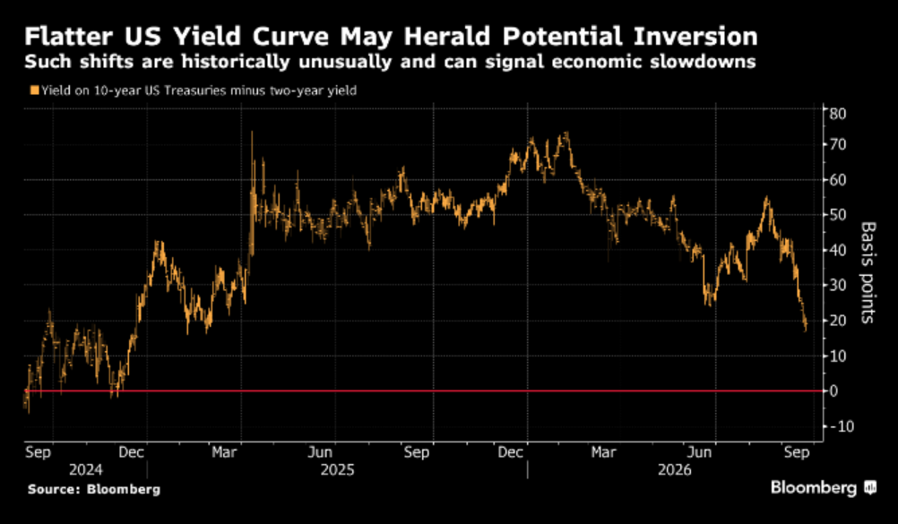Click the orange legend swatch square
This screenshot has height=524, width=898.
pos(34,90)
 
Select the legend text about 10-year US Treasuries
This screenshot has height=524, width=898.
pos(199,90)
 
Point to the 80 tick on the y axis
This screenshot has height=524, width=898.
pos(838,114)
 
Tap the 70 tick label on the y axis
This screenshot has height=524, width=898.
pos(838,144)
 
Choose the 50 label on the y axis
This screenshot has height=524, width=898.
pos(838,215)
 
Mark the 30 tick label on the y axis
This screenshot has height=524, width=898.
pos(838,285)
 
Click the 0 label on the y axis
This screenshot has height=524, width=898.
pos(833,391)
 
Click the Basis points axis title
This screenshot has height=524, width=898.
pos(868,272)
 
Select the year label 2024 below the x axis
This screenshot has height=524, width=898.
pos(86,470)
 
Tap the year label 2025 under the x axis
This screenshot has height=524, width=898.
pos(337,470)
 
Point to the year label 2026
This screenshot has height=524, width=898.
pos(675,470)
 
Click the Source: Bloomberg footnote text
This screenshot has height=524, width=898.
pos(94,490)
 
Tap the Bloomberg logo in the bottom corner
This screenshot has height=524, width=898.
pos(824,488)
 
